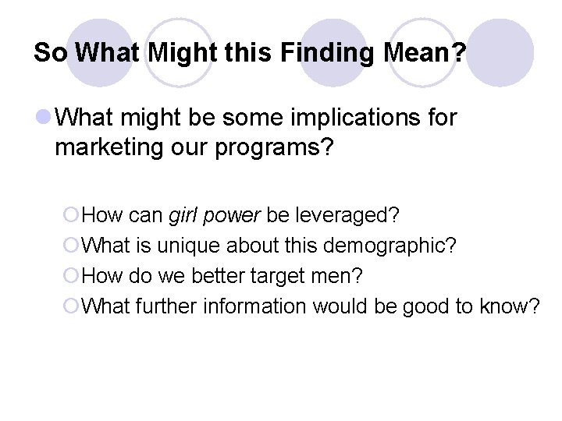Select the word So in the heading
click(52, 53)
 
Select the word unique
click(188, 246)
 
